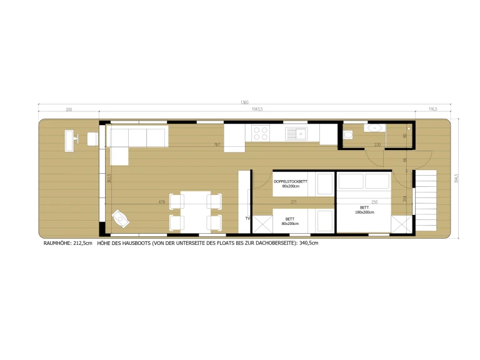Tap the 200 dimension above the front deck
pos(69,110)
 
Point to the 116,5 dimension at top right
pos(431,110)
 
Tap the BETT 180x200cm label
pos(364,209)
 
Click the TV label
pos(247,219)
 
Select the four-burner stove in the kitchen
pos(261,132)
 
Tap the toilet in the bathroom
pos(349,134)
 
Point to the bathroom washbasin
pos(375,127)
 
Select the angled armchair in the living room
pos(119,217)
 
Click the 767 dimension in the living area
pos(217,145)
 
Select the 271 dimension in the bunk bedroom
pos(293,202)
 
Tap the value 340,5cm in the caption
pos(309,243)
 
